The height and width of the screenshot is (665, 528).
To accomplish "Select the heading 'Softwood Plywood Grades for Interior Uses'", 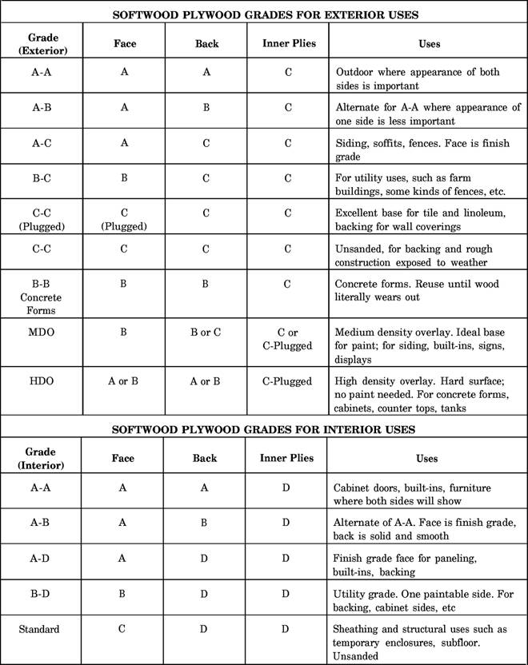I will (x=263, y=428).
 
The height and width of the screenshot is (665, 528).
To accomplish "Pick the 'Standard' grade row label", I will (x=39, y=629).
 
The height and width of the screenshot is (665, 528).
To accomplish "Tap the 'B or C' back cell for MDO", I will (x=206, y=332).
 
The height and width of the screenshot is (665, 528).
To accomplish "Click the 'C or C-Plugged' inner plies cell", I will (x=287, y=339).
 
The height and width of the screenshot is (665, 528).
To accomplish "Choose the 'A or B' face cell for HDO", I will (x=123, y=381).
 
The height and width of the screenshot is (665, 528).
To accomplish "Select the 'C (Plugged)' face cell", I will (x=123, y=219).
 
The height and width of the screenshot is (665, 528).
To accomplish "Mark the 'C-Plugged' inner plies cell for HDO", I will (x=287, y=381).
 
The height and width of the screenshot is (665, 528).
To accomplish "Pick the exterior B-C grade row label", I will (x=42, y=177).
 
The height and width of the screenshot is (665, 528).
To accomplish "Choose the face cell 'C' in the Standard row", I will (x=123, y=629).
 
